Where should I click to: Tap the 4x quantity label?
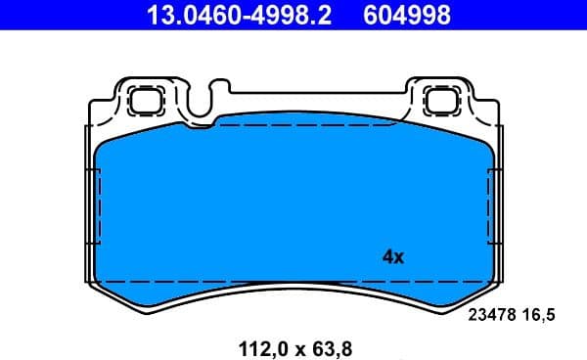(x=392, y=257)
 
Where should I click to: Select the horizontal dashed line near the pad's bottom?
(x=293, y=282)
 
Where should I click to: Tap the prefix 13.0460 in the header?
(x=185, y=15)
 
